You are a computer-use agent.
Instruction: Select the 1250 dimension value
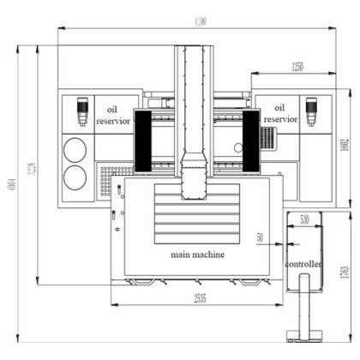[x=297, y=66]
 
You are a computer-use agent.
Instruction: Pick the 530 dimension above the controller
[x=304, y=220]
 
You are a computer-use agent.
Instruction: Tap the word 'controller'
[x=303, y=264]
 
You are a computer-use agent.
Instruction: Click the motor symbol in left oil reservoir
[x=82, y=111]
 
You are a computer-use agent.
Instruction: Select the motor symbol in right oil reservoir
[x=311, y=111]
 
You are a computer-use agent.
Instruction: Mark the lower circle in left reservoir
[x=75, y=177]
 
